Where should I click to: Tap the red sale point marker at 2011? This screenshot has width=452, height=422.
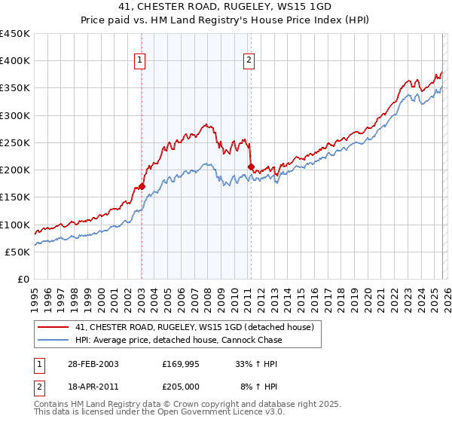pyautogui.click(x=251, y=167)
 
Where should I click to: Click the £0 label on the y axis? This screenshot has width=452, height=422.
pyautogui.click(x=23, y=279)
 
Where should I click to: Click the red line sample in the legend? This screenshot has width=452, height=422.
pyautogui.click(x=53, y=327)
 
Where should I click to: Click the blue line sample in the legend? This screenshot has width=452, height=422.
pyautogui.click(x=53, y=341)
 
